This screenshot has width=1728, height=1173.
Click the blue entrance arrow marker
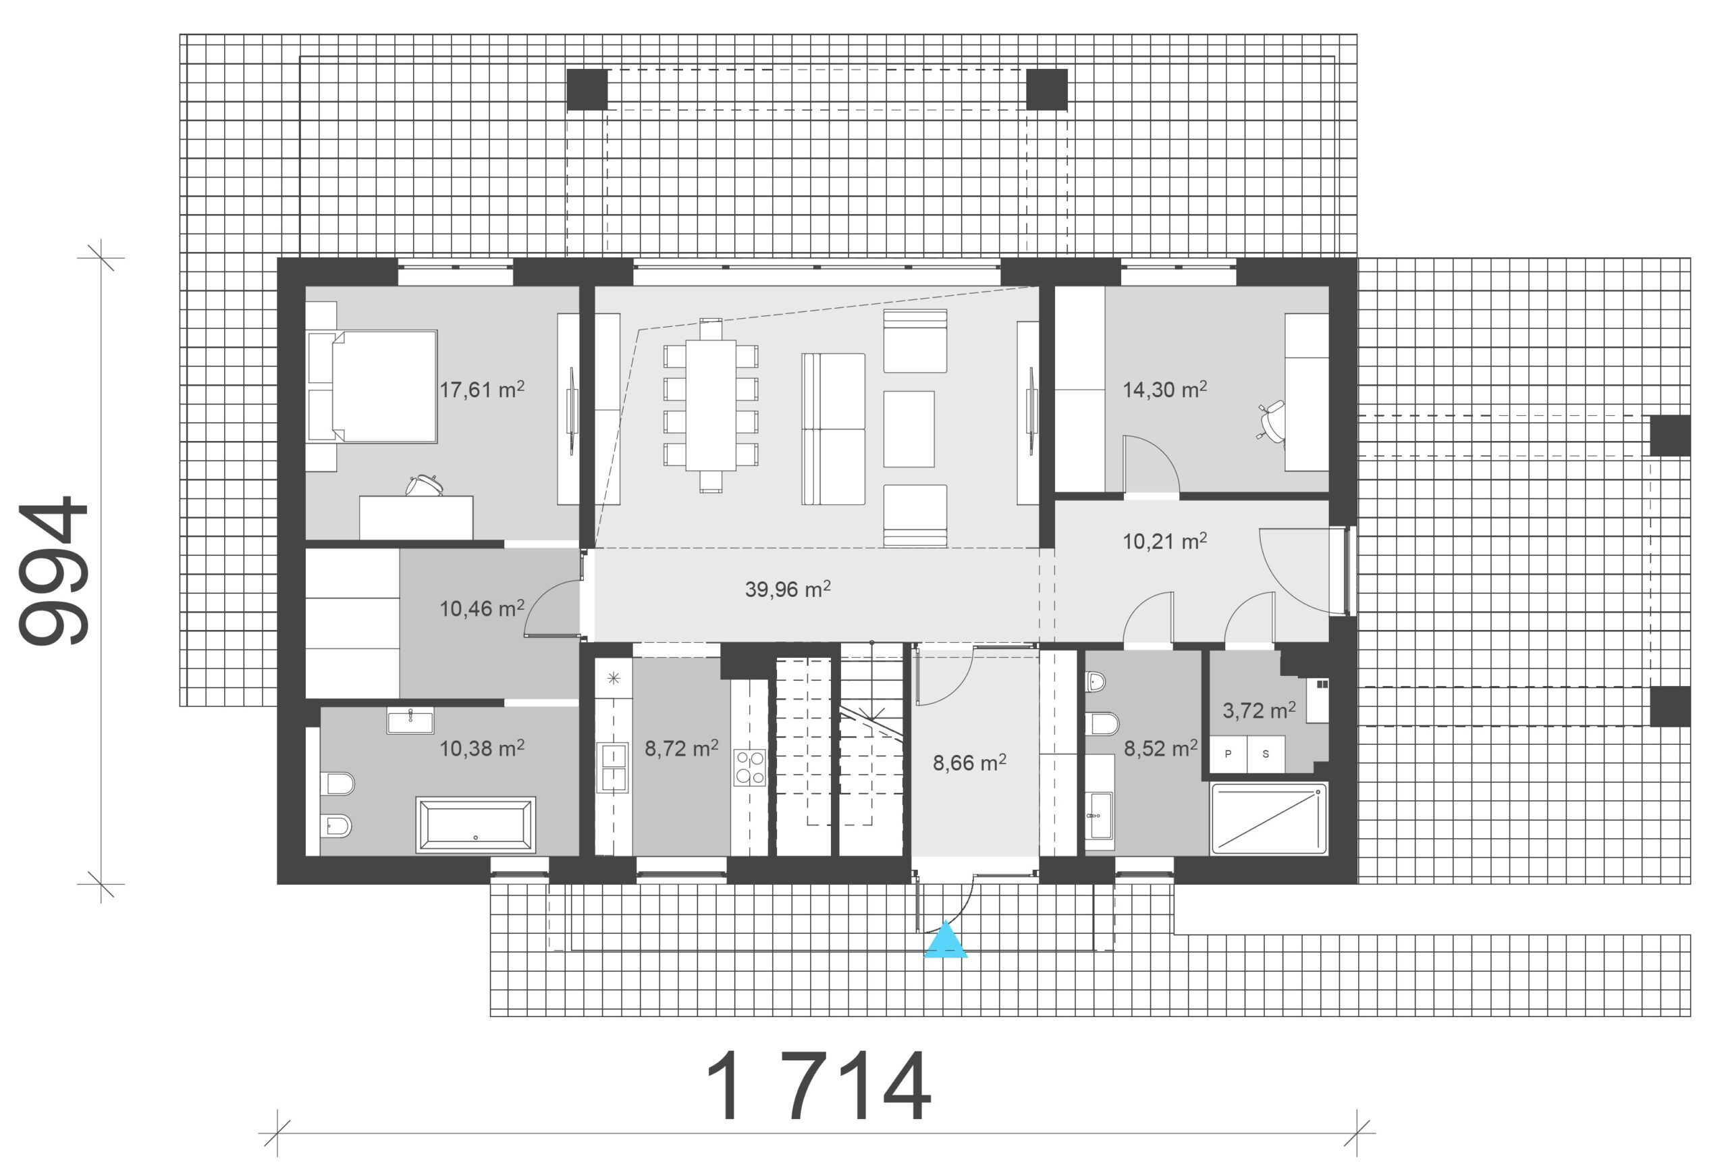(945, 940)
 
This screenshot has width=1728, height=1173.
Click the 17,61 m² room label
(482, 389)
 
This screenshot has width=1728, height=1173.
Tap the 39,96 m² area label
(788, 589)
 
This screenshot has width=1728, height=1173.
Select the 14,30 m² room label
(1164, 389)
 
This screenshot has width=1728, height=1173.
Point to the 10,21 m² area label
(1164, 541)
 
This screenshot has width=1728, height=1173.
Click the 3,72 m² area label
(1259, 710)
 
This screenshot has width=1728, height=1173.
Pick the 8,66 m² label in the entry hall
(969, 762)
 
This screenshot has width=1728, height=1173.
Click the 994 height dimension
(53, 570)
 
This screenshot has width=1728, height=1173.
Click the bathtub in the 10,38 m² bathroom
(475, 825)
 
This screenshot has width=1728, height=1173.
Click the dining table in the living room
(711, 405)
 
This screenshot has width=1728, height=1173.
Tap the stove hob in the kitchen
(749, 768)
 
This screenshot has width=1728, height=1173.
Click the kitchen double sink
(613, 768)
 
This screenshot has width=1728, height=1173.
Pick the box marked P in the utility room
(1228, 754)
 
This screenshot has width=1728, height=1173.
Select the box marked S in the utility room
(1266, 754)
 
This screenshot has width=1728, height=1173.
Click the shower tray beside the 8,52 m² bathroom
(1268, 818)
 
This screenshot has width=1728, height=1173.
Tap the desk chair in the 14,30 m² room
(1272, 422)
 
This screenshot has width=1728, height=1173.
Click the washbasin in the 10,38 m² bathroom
(410, 720)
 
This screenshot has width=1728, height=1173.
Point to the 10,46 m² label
(482, 608)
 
